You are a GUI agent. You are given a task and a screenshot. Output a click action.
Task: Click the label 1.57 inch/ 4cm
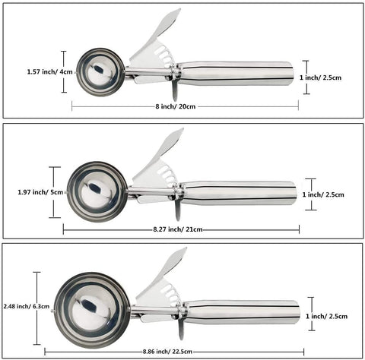(x=50, y=71)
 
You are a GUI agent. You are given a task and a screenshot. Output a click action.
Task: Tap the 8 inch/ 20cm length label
(x=176, y=106)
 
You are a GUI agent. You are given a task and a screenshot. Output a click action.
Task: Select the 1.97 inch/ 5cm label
(x=40, y=192)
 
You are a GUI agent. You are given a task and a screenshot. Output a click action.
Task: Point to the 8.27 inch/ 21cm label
(x=178, y=229)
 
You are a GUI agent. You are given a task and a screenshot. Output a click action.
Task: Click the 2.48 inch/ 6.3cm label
(x=27, y=306)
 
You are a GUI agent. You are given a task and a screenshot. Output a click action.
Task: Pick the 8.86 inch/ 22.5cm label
(x=167, y=352)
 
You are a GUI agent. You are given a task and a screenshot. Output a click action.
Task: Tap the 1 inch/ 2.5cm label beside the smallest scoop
(x=320, y=77)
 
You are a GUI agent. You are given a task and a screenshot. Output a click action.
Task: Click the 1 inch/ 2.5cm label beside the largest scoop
(x=326, y=316)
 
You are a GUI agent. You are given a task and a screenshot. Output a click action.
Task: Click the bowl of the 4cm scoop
(x=100, y=72)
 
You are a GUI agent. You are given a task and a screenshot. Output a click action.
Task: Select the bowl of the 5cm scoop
(x=97, y=192)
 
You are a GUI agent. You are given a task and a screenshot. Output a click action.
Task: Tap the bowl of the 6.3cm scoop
(x=92, y=310)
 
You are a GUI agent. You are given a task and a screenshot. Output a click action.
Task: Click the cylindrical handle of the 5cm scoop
(x=239, y=193)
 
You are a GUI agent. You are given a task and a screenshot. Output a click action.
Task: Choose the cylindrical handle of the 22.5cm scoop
(x=242, y=313)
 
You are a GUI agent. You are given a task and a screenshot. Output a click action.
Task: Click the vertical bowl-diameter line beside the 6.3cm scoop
(x=37, y=308)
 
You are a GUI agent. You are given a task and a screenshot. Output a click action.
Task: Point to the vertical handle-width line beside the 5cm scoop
(x=310, y=194)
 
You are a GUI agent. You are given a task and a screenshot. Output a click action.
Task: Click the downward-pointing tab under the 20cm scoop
(x=175, y=90)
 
